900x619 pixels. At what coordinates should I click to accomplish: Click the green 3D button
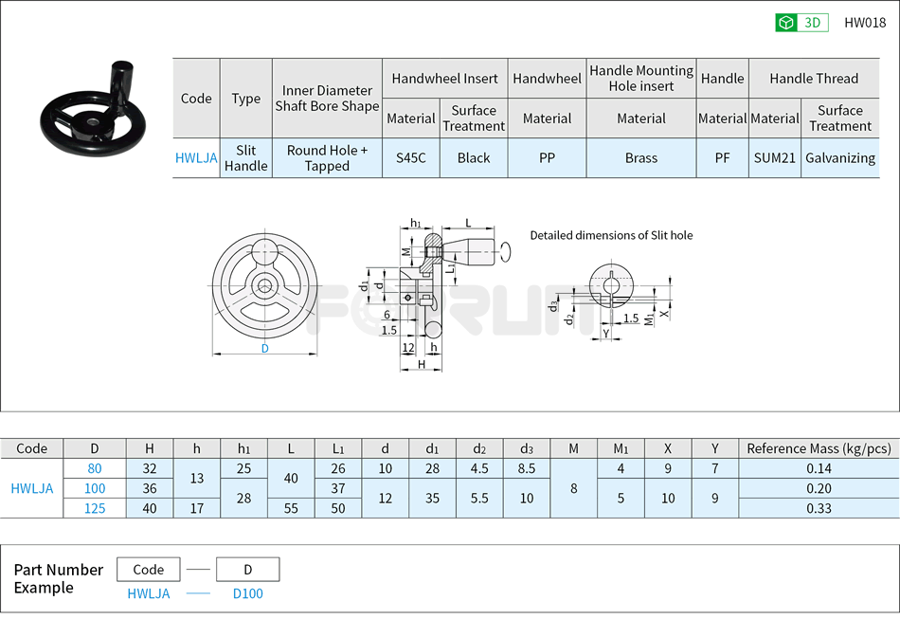click(801, 23)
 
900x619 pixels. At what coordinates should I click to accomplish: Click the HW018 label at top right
click(864, 23)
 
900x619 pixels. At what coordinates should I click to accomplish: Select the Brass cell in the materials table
click(641, 158)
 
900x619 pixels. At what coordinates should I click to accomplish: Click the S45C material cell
click(410, 158)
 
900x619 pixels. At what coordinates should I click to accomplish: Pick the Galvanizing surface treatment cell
click(839, 158)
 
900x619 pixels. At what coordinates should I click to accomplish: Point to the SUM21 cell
click(774, 158)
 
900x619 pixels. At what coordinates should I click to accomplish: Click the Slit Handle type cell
click(245, 158)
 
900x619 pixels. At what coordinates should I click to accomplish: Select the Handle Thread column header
click(813, 79)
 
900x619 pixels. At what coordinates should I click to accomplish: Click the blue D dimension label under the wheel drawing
click(265, 348)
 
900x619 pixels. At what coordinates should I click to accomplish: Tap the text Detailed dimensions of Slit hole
click(611, 235)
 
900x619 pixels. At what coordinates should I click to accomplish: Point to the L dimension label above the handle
click(468, 223)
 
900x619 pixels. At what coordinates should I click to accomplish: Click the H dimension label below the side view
click(422, 364)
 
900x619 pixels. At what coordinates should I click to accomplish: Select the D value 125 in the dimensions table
click(95, 508)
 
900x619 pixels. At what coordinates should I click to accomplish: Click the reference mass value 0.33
click(819, 508)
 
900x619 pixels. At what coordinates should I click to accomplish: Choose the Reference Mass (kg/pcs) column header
click(819, 448)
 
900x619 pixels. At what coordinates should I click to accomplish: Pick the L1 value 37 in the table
click(338, 488)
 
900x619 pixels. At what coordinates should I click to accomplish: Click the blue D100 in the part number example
click(248, 593)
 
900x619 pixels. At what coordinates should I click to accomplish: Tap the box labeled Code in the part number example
click(149, 570)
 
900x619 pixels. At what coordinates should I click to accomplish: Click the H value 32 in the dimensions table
click(150, 468)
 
